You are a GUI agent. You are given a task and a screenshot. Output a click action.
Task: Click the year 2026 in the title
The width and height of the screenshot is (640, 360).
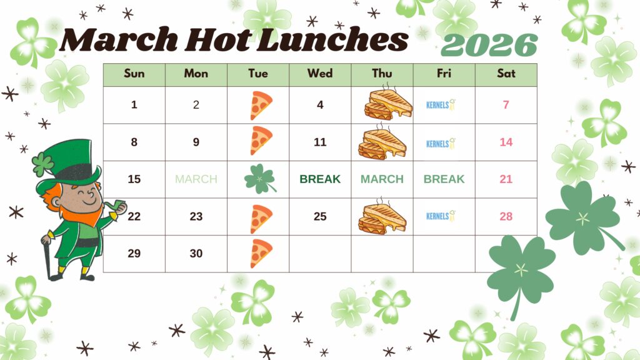point(489,45)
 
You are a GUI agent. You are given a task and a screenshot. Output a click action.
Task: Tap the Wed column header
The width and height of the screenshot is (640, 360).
point(320,74)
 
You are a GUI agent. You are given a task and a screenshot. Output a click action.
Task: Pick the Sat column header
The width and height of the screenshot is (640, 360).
point(506,74)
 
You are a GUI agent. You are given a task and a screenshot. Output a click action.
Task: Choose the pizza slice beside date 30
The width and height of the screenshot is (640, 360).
point(260,254)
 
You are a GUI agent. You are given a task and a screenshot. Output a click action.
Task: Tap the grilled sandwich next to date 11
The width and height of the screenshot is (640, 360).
point(382,142)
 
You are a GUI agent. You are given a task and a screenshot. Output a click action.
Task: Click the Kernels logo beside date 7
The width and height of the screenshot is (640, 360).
point(441,105)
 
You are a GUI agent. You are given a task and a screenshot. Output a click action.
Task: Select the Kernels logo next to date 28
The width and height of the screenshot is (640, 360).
point(441,216)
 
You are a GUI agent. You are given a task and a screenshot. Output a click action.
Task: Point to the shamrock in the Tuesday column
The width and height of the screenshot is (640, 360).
point(259,179)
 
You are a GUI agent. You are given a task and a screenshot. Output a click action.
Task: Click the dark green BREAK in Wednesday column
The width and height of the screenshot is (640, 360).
point(320,179)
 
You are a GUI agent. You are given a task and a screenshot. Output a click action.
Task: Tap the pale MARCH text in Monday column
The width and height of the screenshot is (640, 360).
point(196,179)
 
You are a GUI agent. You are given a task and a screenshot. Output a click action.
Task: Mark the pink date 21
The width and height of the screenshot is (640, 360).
point(506,179)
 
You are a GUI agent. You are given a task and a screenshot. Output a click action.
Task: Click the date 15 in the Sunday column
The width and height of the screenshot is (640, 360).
point(134,179)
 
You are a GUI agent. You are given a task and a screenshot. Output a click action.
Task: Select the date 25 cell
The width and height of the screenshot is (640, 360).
point(320,217)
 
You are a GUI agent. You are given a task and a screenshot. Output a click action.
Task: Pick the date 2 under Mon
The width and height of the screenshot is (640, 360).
point(196,105)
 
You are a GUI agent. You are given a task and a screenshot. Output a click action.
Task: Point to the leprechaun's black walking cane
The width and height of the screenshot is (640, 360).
point(47,256)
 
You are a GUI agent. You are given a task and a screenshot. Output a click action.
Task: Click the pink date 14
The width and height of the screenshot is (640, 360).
point(506,142)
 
